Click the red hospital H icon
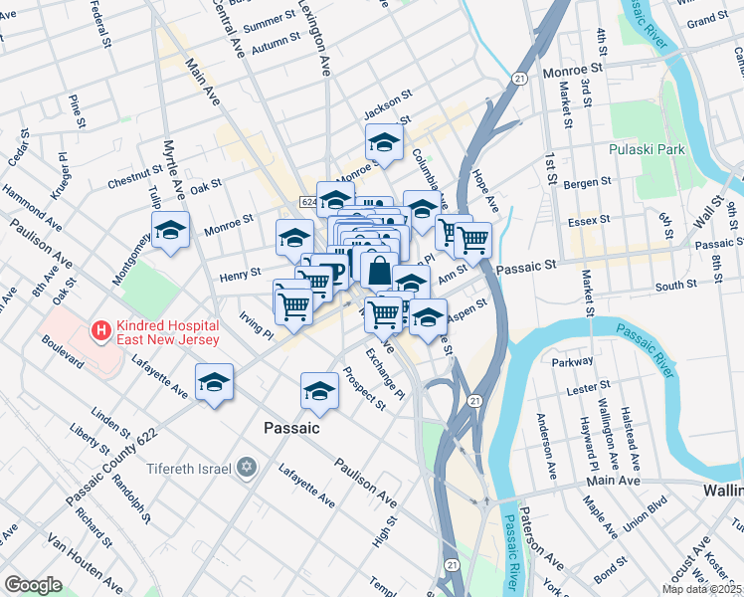coord(100,329)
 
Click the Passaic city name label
coord(291,428)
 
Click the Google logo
coord(33,585)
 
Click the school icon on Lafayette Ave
coord(215,381)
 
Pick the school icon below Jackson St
coord(384,142)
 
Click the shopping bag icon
coord(379,269)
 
